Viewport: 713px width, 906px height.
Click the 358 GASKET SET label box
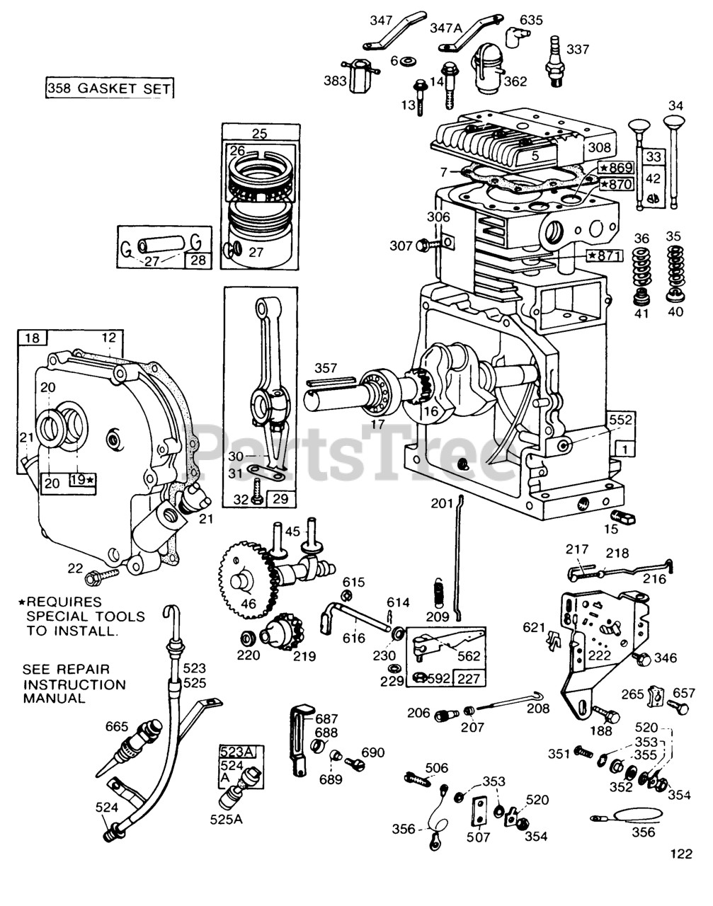108,88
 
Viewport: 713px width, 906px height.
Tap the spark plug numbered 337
556,67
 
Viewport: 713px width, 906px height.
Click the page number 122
680,854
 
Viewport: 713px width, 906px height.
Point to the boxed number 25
259,133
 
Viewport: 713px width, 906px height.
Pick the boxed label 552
620,420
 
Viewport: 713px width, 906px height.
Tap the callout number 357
326,369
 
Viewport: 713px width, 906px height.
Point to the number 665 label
116,727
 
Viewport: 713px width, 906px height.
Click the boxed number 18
32,337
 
